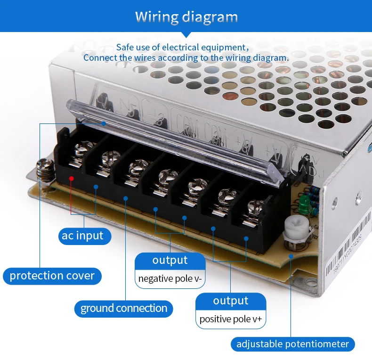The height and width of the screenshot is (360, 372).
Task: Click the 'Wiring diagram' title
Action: (186, 17)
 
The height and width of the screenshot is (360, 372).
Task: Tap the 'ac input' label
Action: (82, 236)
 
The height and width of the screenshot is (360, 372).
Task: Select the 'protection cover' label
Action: (52, 276)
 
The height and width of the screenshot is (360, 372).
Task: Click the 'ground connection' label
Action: (124, 309)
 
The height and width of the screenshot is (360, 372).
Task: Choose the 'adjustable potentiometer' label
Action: (292, 344)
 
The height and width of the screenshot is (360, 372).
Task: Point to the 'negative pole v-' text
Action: (170, 278)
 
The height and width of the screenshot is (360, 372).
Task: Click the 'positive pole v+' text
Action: (230, 319)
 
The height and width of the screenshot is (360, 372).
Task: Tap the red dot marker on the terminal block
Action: (71, 178)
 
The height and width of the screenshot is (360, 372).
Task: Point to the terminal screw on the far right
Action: (255, 205)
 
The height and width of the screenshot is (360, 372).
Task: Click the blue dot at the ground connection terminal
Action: (126, 198)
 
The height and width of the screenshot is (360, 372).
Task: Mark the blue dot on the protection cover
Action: (103, 123)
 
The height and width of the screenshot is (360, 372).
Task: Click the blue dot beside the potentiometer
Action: (291, 257)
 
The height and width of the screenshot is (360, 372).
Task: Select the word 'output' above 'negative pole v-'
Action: (170, 260)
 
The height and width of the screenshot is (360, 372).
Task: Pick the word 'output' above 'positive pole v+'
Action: (230, 301)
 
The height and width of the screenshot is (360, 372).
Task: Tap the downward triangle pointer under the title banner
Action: (186, 34)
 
